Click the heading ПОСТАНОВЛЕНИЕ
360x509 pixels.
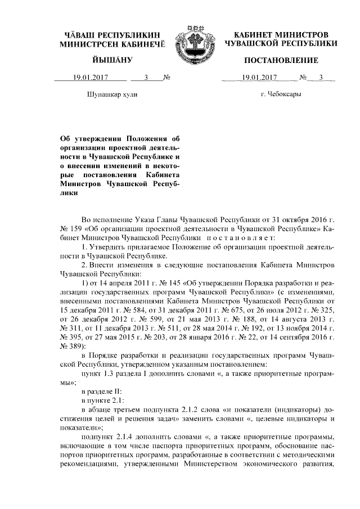pyautogui.click(x=281, y=60)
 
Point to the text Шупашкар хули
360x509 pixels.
pyautogui.click(x=112, y=94)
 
